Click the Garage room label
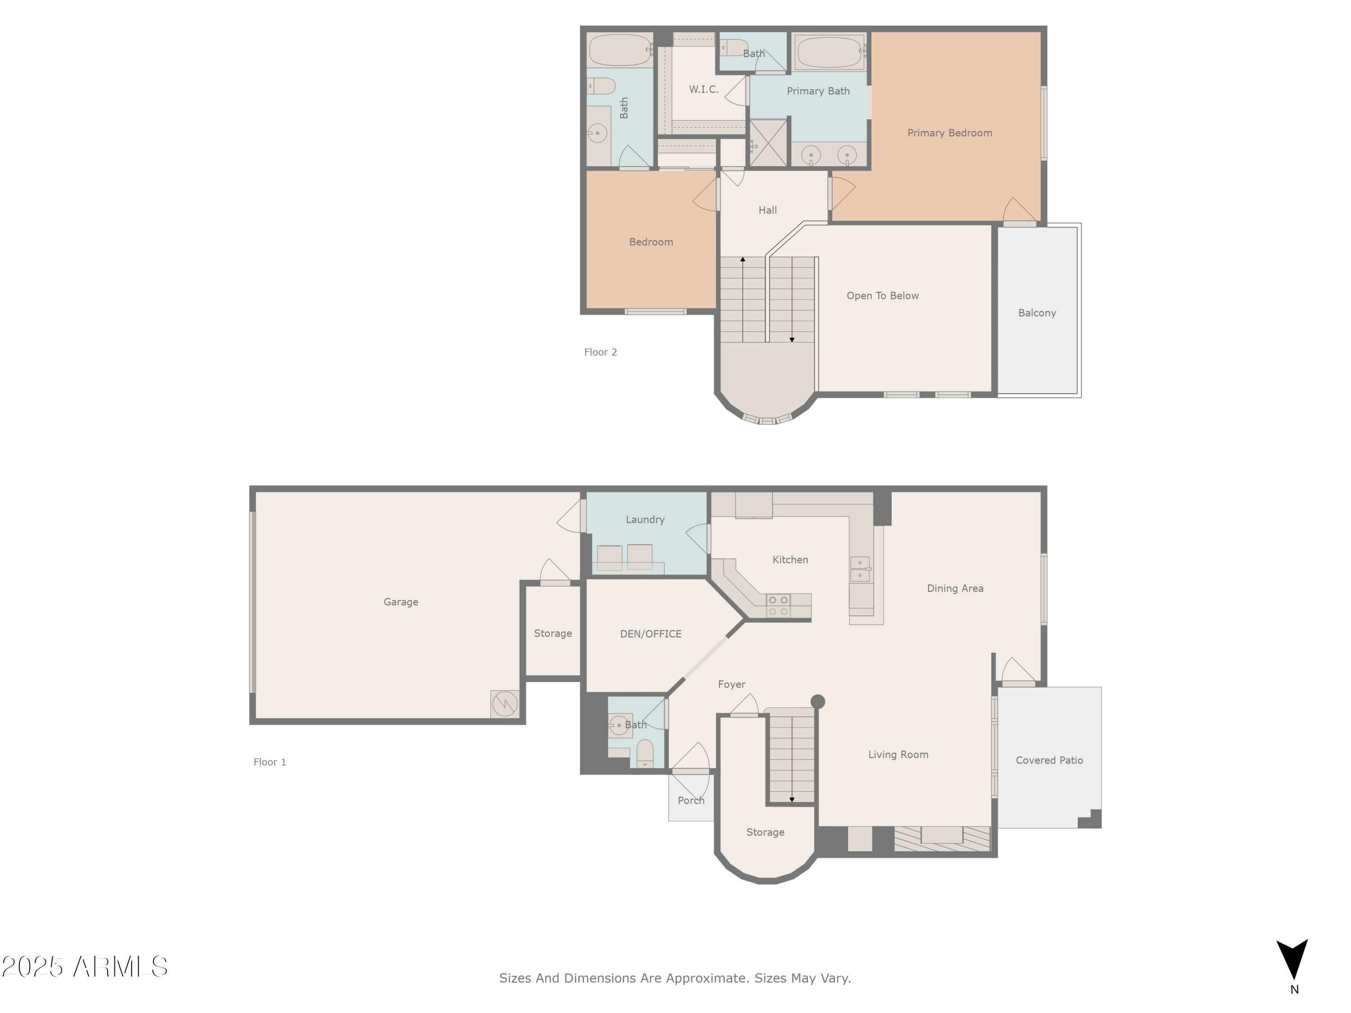tap(401, 602)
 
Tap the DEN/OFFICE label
tap(650, 634)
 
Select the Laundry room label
tap(645, 520)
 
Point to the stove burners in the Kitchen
tap(778, 606)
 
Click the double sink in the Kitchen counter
tap(860, 569)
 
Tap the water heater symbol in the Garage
tap(504, 704)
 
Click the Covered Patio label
tap(1049, 760)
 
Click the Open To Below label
tap(883, 295)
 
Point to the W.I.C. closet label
tap(703, 89)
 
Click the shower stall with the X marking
tap(768, 143)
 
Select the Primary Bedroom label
tap(949, 133)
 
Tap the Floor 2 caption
tap(600, 353)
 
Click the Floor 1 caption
tap(269, 762)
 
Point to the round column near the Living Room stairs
tap(818, 701)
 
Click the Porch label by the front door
tap(691, 800)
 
